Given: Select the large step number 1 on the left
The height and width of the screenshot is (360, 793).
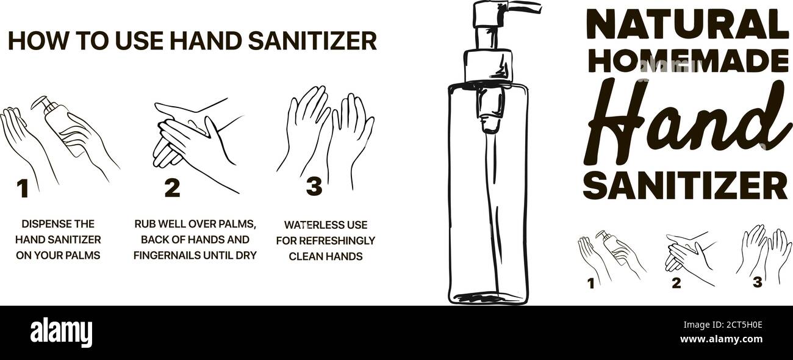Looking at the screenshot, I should (23, 189).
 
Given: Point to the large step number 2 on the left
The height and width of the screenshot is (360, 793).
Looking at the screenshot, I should (172, 188).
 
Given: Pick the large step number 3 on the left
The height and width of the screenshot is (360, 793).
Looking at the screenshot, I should (314, 187).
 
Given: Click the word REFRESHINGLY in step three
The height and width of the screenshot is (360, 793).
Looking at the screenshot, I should (336, 240).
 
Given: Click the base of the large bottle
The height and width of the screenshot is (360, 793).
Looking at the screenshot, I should (488, 297).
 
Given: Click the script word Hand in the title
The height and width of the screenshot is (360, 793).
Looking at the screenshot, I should (683, 122).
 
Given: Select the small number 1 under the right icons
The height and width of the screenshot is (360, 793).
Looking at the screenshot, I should (590, 283).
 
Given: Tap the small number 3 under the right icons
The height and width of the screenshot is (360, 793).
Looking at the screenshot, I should (758, 282).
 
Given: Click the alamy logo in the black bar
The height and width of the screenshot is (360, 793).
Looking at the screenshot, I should (61, 333).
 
